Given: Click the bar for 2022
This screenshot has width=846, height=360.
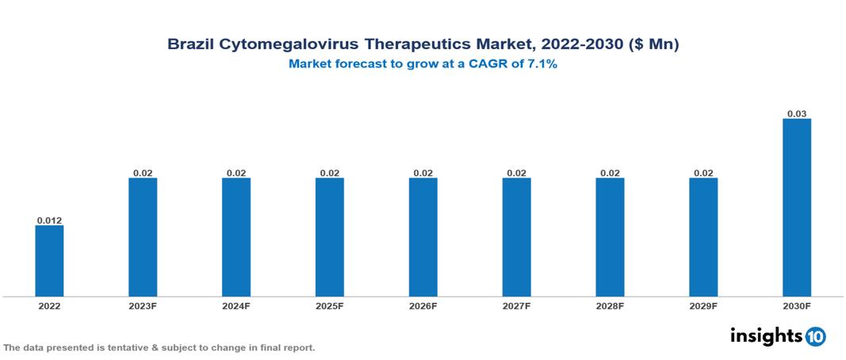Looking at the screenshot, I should [x=49, y=261].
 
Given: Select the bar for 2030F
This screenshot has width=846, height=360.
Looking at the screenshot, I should [x=797, y=208].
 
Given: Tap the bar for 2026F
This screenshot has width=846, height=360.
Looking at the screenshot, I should [x=423, y=237].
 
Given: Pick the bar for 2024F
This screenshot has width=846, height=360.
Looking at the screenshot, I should [x=236, y=237].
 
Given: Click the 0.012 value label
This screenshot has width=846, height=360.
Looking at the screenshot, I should [x=49, y=220].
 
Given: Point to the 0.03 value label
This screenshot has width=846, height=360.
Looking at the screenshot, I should [x=797, y=113].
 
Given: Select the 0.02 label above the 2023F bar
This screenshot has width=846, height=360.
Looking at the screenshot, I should [x=143, y=172].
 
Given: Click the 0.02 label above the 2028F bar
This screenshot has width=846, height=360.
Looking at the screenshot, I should [x=610, y=172].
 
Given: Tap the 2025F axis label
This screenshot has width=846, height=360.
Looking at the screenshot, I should [x=330, y=305].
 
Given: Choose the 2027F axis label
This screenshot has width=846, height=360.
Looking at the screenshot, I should [x=516, y=305].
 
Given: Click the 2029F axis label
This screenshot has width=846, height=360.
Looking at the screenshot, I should [x=703, y=305].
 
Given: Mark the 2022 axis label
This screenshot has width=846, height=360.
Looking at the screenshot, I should [x=49, y=305].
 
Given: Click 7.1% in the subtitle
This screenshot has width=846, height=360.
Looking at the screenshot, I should [x=542, y=64].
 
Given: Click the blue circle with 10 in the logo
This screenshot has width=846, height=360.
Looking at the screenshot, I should [x=815, y=336].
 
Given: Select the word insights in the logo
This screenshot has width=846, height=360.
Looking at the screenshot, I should [x=766, y=335].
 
